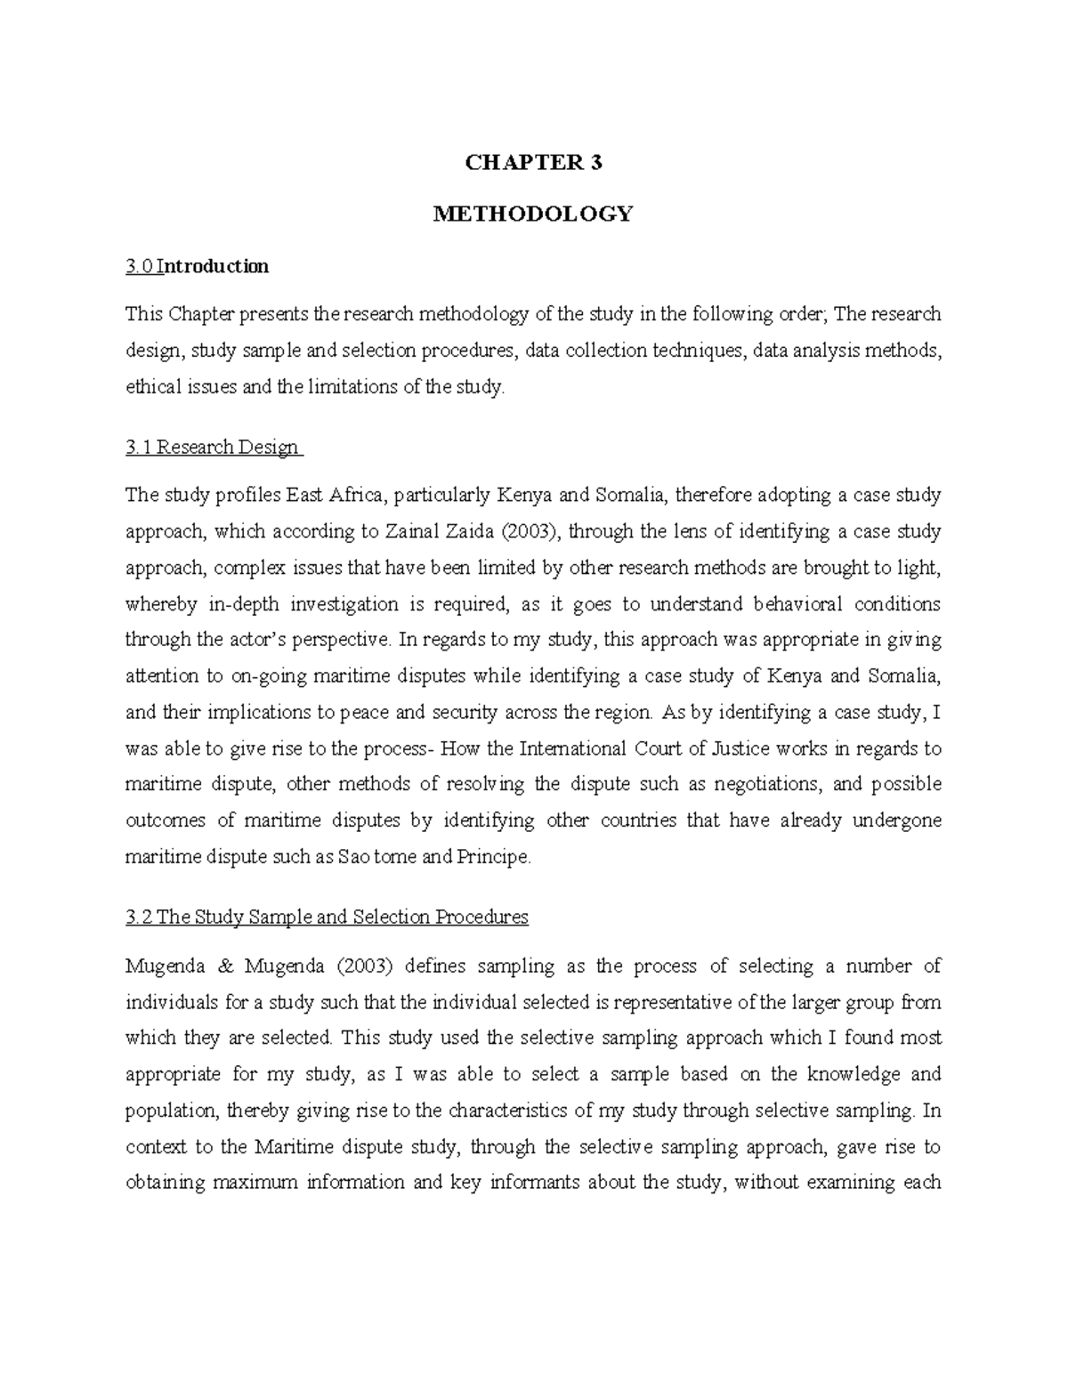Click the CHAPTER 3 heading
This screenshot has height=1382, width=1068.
[x=533, y=163]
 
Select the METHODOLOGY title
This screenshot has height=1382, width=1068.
[x=532, y=214]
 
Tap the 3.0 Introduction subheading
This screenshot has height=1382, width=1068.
[x=197, y=266]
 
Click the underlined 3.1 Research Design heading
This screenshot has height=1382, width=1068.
[x=214, y=448]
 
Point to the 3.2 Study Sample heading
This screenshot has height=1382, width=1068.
[x=327, y=917]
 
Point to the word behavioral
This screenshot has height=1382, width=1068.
[x=798, y=604]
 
